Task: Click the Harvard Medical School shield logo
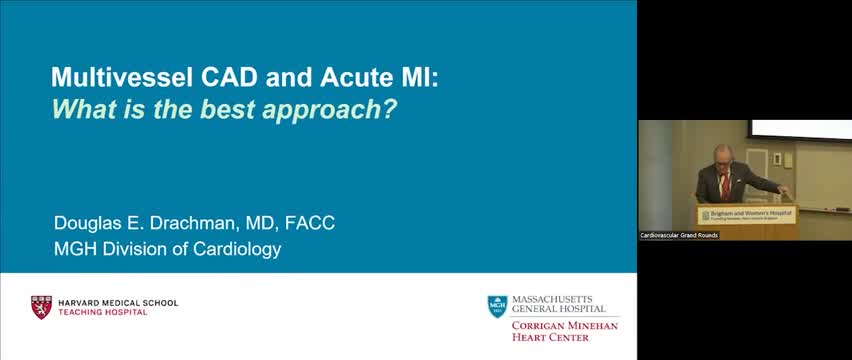point(41,306)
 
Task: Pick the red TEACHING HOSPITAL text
point(103,312)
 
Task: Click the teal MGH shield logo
point(497,306)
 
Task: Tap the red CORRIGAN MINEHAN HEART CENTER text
point(565,331)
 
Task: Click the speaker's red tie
point(725,184)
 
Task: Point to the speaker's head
point(724,160)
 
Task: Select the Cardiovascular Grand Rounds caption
point(679,235)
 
